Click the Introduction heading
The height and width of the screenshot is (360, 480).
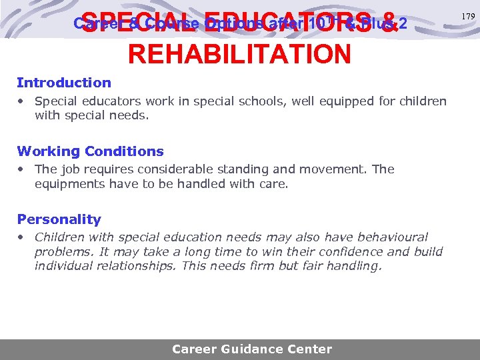click(x=64, y=83)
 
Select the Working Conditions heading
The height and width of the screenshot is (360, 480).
click(x=90, y=151)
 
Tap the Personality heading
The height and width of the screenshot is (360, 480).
click(x=59, y=219)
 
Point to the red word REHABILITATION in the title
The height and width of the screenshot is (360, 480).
click(x=239, y=54)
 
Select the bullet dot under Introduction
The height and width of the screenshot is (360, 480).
click(x=22, y=102)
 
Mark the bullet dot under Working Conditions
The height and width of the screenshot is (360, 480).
click(x=22, y=170)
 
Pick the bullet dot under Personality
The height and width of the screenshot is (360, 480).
click(x=22, y=238)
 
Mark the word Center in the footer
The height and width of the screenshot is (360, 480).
click(x=310, y=349)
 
